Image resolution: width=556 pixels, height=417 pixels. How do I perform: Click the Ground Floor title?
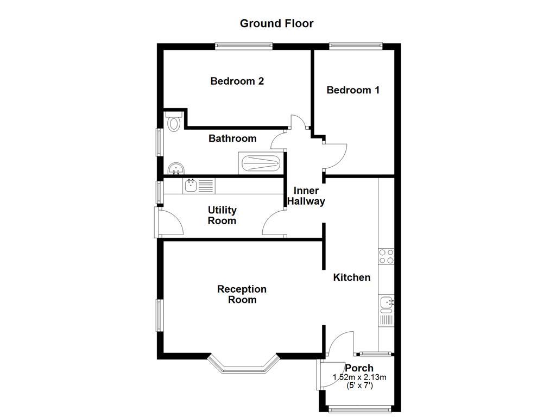pyautogui.click(x=276, y=23)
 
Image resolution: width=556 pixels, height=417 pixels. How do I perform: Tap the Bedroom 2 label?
pyautogui.click(x=237, y=81)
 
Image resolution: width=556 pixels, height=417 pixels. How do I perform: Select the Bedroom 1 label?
pyautogui.click(x=353, y=90)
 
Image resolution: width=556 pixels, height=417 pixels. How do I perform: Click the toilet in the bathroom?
pyautogui.click(x=174, y=122)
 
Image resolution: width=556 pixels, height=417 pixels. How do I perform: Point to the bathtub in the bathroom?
pyautogui.click(x=260, y=163)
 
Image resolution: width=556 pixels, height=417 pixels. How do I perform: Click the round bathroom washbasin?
pyautogui.click(x=175, y=169)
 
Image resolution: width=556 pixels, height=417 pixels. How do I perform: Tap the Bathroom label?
pyautogui.click(x=232, y=138)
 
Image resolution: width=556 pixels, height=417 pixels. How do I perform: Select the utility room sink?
pyautogui.click(x=191, y=186)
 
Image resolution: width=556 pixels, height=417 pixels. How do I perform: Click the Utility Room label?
pyautogui.click(x=222, y=216)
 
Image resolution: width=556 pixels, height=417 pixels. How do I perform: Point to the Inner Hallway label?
pyautogui.click(x=306, y=196)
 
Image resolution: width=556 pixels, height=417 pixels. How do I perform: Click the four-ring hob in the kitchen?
pyautogui.click(x=386, y=256)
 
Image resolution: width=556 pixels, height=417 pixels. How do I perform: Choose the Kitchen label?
pyautogui.click(x=352, y=277)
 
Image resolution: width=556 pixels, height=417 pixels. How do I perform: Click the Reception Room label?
pyautogui.click(x=242, y=294)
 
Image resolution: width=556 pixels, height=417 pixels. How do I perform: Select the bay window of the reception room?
pyautogui.click(x=243, y=366)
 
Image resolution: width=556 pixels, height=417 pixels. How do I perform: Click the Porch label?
pyautogui.click(x=359, y=368)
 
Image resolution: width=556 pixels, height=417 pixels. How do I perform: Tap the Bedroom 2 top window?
pyautogui.click(x=243, y=46)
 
